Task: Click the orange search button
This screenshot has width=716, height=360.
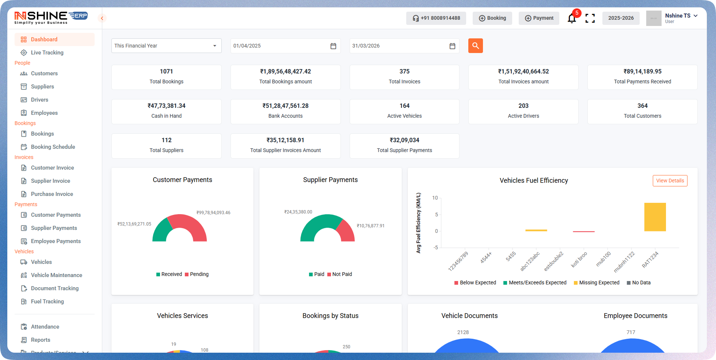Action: tap(475, 46)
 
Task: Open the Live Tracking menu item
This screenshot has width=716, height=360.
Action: tap(47, 53)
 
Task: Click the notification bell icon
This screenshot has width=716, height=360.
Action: tap(572, 18)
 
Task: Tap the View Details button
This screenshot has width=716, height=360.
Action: tap(670, 181)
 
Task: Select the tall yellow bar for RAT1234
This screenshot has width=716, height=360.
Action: tap(655, 217)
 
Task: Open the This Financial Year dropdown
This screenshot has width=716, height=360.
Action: tap(166, 46)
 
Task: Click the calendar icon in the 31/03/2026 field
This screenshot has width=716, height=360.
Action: tap(452, 46)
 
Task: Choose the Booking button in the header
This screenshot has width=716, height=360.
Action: tap(492, 18)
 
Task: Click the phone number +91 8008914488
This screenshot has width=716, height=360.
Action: tap(436, 18)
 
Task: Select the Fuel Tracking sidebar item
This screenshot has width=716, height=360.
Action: tap(47, 302)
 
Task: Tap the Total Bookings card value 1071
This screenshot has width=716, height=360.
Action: tap(166, 72)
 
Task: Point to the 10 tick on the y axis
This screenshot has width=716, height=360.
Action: tap(435, 198)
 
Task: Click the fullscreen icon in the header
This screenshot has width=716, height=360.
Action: tap(590, 18)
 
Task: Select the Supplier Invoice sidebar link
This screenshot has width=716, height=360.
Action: tap(50, 181)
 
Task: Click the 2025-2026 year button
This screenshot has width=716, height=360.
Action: tap(621, 18)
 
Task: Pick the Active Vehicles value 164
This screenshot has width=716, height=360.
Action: tap(404, 106)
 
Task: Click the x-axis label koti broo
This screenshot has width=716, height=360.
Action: tap(579, 259)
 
